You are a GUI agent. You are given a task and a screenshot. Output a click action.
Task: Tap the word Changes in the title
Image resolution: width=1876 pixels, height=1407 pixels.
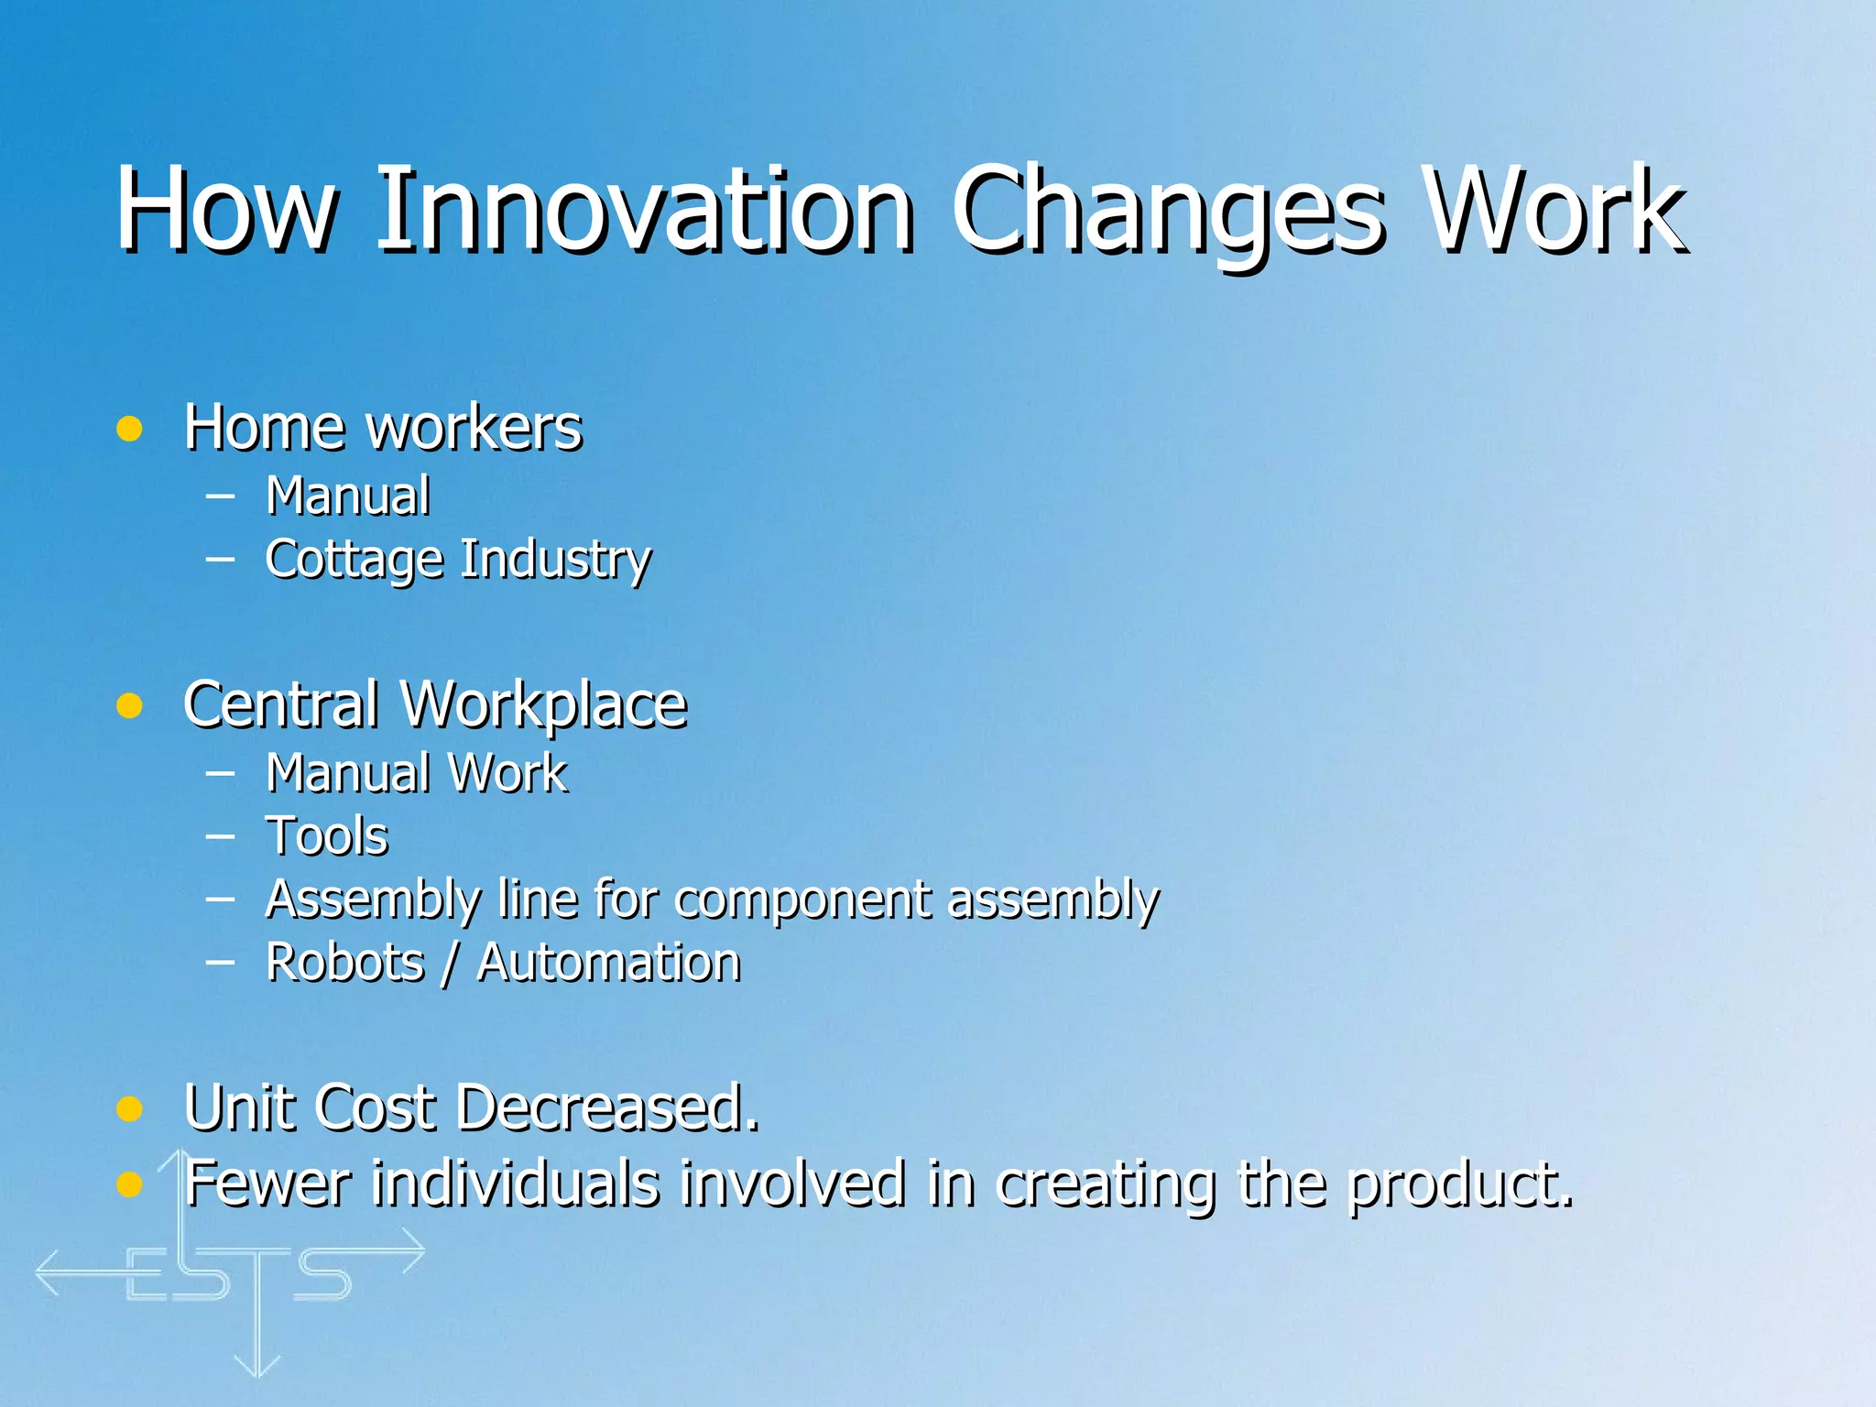click(1165, 213)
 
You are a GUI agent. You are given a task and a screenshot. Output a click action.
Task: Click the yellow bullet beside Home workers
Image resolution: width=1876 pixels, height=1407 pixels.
click(129, 429)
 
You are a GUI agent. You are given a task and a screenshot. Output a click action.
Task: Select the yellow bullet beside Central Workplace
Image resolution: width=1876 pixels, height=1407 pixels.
click(129, 705)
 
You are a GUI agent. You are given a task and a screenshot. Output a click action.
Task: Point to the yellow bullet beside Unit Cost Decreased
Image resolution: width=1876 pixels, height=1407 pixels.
click(129, 1109)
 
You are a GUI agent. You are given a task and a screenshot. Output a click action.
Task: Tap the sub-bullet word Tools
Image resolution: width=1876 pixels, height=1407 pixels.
click(327, 836)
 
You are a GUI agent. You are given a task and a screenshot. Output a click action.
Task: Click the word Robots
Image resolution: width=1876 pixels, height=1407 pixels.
click(345, 963)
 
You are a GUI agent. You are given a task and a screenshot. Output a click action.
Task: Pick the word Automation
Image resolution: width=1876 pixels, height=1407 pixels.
click(608, 963)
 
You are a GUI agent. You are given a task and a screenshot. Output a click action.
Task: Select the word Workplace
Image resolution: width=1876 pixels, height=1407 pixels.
click(544, 705)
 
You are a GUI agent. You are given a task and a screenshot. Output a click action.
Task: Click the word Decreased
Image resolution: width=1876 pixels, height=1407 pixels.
click(606, 1107)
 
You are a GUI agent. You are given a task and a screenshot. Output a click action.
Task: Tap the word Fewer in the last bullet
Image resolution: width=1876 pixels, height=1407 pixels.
click(267, 1183)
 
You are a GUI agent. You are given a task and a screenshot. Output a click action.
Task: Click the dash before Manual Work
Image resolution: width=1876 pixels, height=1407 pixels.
click(220, 772)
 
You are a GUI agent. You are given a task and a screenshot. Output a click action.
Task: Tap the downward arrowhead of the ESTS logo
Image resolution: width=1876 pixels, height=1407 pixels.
click(257, 1366)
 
